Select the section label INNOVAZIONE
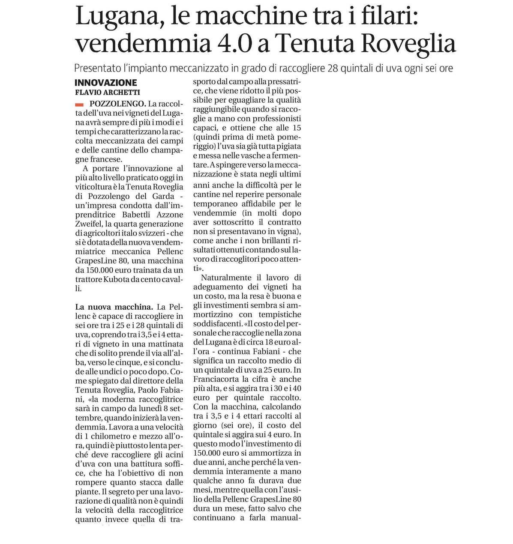(106, 83)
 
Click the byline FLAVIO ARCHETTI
(108, 92)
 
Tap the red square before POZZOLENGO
(78, 104)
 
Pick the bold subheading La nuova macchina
(114, 307)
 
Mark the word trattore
(89, 279)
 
